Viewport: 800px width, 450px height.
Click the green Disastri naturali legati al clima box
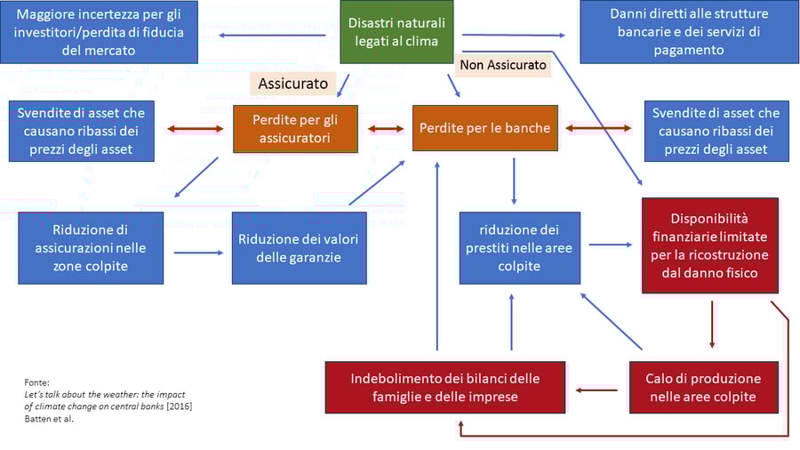(396, 32)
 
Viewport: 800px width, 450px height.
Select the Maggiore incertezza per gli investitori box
(100, 32)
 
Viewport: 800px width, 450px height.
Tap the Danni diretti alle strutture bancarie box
(689, 32)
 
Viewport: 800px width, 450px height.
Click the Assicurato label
(292, 84)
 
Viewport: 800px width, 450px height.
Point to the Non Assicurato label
(503, 66)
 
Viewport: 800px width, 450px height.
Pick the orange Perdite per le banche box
(484, 128)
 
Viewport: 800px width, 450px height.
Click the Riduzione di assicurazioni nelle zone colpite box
(91, 248)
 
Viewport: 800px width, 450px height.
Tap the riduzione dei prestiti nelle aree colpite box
(520, 248)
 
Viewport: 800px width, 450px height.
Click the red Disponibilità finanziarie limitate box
(710, 245)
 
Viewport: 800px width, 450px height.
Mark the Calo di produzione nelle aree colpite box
(703, 388)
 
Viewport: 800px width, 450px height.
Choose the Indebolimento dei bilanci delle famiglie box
(444, 388)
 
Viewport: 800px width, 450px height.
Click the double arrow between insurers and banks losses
(386, 129)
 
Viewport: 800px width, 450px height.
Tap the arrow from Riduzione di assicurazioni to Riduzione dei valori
(198, 253)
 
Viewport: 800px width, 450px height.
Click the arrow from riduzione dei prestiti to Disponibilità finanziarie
(609, 243)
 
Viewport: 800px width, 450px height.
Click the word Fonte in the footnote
(37, 382)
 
